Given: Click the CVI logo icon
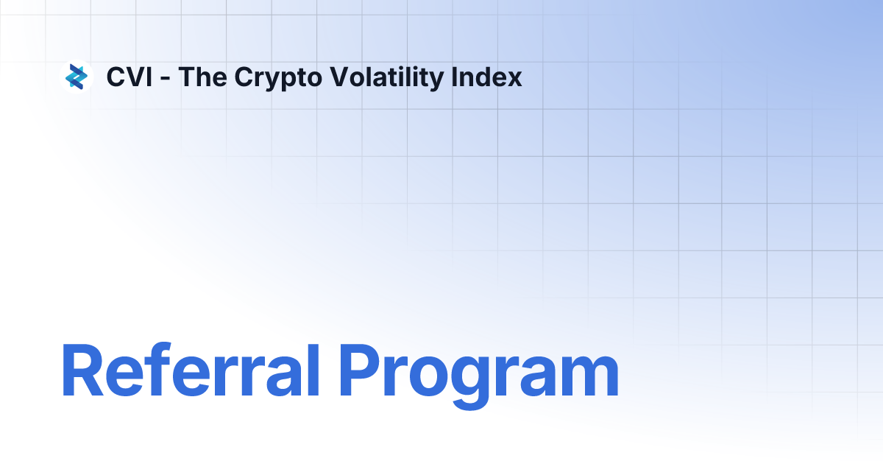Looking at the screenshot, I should [x=77, y=77].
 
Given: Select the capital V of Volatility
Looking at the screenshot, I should [x=329, y=77].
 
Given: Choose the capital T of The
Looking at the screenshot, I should [x=187, y=77].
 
